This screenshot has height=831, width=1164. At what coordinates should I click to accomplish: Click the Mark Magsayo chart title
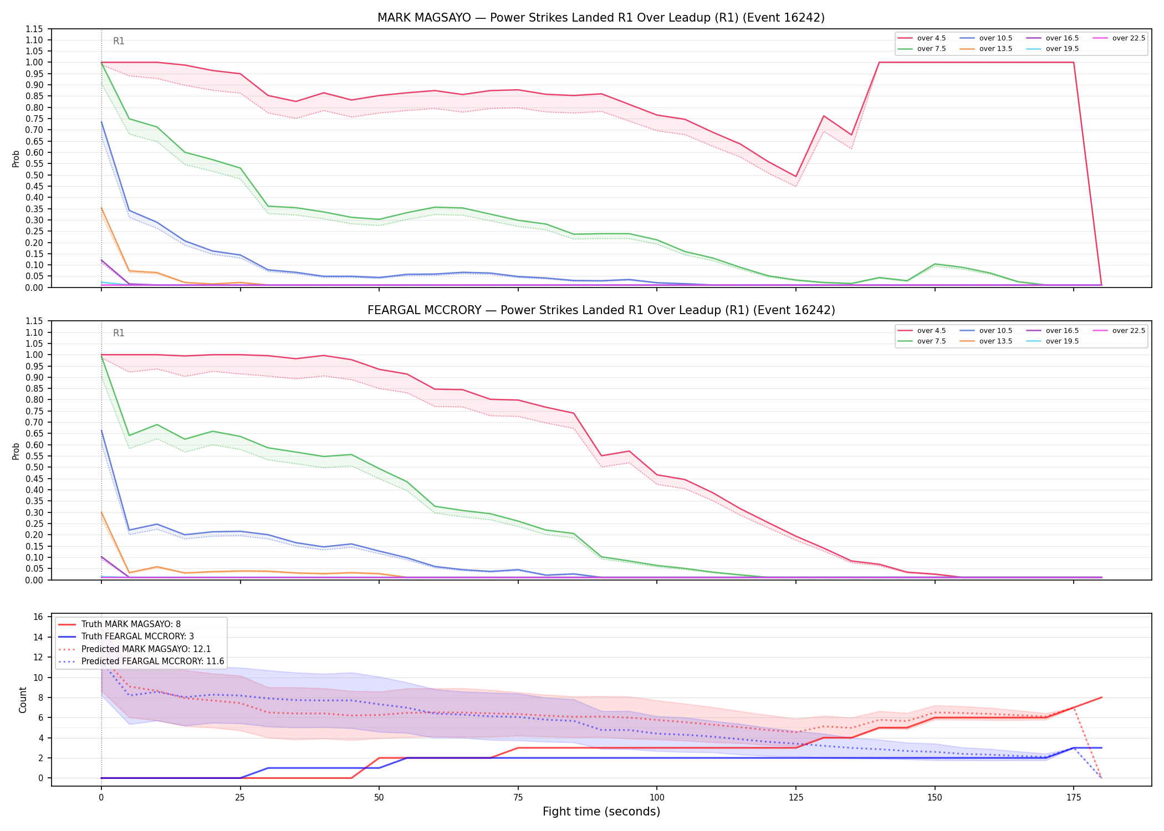click(x=601, y=18)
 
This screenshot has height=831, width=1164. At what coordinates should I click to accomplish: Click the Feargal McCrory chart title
click(x=601, y=310)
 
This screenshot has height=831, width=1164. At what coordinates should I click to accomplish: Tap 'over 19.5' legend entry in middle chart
click(x=1053, y=341)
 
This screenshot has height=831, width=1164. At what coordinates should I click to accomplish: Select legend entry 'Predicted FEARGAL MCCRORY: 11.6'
click(x=141, y=661)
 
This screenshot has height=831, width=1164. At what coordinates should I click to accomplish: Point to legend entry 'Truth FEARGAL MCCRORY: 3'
click(x=126, y=637)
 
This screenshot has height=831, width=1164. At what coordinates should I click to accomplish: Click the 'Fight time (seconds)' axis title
click(x=601, y=812)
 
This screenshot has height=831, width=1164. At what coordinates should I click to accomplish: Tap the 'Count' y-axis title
click(x=23, y=700)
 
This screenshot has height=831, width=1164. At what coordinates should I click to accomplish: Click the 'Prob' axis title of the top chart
click(x=16, y=159)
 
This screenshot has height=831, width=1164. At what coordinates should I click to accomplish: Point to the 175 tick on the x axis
click(x=1074, y=798)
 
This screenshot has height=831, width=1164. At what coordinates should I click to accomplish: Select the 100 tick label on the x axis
click(x=657, y=798)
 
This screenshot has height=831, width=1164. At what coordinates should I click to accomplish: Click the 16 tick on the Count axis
click(x=38, y=617)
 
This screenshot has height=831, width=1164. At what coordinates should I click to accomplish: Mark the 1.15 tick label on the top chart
click(x=34, y=29)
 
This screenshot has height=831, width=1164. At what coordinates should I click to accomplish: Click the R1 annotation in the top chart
click(x=119, y=41)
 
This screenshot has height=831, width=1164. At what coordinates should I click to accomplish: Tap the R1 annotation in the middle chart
click(x=119, y=333)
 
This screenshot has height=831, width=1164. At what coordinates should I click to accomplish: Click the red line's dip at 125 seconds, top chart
click(x=796, y=177)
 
